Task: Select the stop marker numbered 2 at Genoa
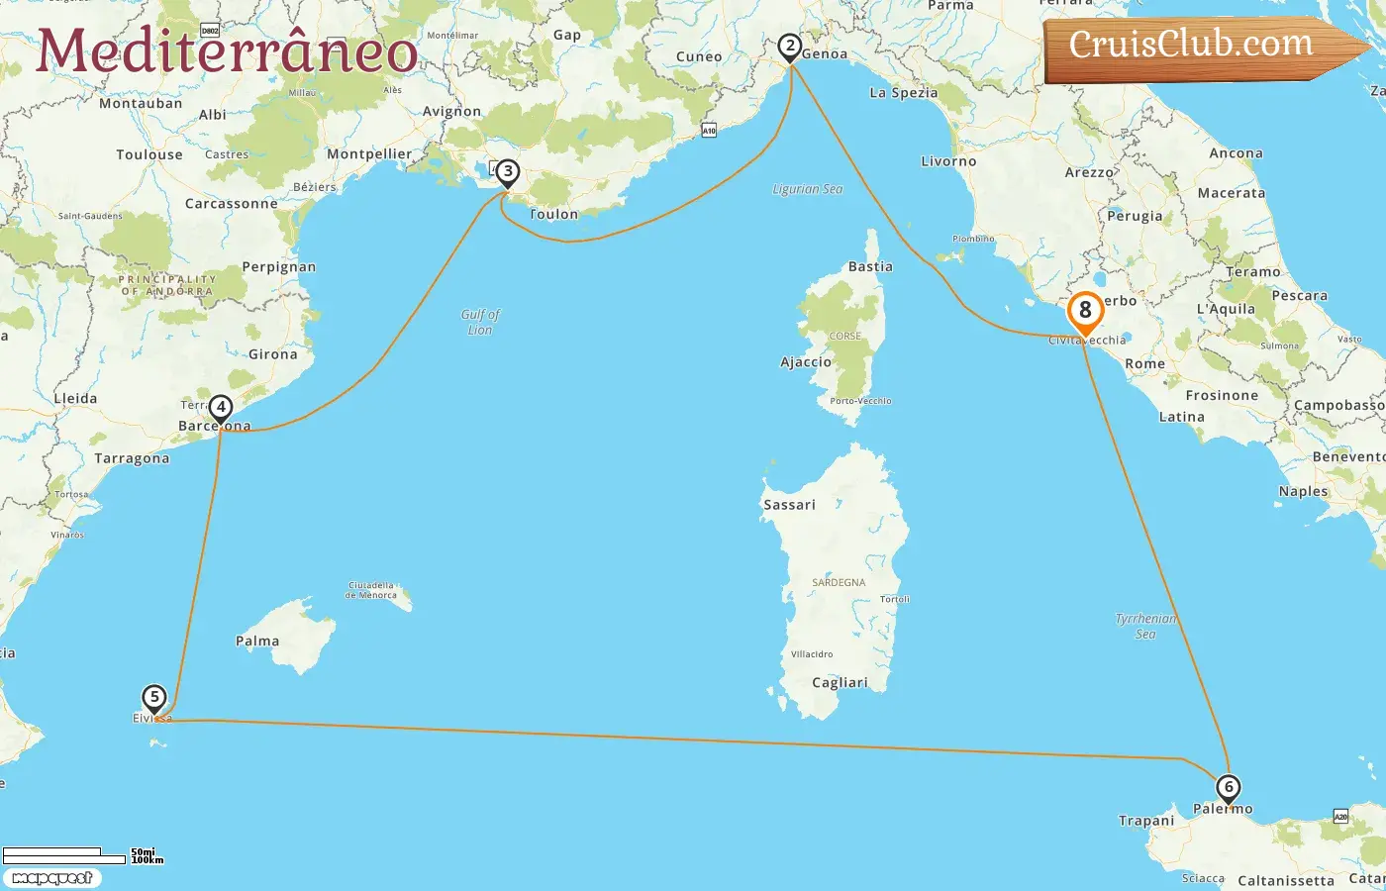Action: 789,47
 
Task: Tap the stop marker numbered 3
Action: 507,172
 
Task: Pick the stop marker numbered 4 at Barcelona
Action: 221,408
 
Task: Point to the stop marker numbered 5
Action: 153,698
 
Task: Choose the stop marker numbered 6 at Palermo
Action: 1228,789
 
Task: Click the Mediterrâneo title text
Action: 227,51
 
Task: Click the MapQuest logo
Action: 51,878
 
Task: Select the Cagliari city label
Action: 840,683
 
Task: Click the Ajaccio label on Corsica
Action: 806,362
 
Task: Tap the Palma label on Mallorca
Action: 257,642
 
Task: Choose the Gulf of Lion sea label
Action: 480,322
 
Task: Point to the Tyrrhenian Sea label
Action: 1145,626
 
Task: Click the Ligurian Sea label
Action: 808,189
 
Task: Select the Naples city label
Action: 1303,491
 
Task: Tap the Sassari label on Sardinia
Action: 789,505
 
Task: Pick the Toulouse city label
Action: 149,154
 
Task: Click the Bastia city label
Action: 870,267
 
